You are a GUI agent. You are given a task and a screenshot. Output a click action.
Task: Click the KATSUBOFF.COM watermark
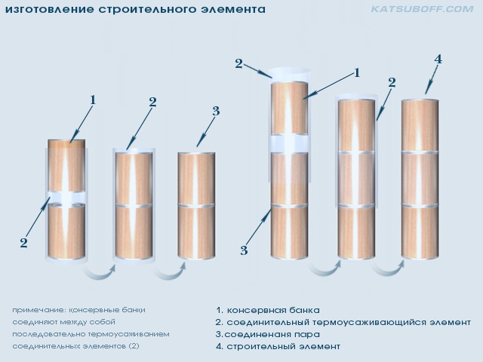tap(422, 9)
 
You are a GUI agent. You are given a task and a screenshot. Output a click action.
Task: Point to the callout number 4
tap(438, 59)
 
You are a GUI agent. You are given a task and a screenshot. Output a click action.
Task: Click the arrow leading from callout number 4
tap(431, 79)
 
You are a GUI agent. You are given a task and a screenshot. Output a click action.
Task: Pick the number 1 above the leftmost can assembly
tap(93, 100)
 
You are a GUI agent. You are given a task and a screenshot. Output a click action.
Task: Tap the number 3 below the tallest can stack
tap(244, 250)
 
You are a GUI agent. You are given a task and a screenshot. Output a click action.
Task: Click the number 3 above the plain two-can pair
tap(216, 111)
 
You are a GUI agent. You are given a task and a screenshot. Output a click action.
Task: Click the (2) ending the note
tap(134, 346)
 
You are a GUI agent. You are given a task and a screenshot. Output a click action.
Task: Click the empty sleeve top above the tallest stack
tap(289, 74)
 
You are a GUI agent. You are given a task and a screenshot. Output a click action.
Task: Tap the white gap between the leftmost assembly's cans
tap(66, 198)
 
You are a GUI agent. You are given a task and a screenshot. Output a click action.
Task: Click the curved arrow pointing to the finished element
tap(389, 268)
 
